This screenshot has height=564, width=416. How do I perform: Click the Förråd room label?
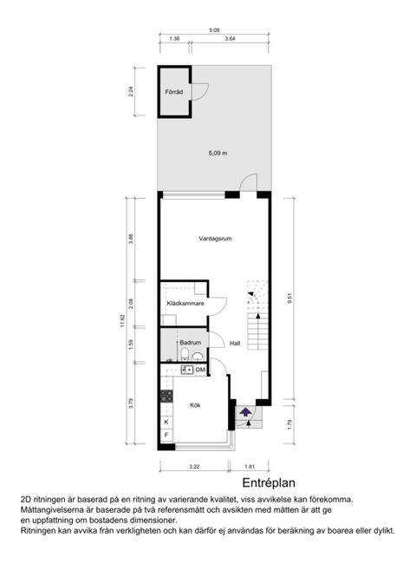click(x=173, y=92)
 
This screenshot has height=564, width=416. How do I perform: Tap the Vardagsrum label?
click(x=213, y=238)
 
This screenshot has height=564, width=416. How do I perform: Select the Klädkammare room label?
click(x=185, y=304)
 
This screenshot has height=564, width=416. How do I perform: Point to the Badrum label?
click(x=190, y=343)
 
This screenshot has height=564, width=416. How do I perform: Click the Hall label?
click(x=234, y=343)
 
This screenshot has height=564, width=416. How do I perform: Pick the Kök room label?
click(x=195, y=404)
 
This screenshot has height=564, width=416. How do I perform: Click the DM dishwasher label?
click(x=200, y=371)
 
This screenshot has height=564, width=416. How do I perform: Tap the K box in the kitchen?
click(x=166, y=422)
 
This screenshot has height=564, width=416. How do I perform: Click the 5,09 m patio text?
click(x=218, y=154)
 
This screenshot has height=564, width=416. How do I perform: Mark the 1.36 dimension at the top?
click(x=174, y=39)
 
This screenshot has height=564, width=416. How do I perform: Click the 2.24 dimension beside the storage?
click(x=130, y=89)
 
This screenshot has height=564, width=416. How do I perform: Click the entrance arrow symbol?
click(x=245, y=412)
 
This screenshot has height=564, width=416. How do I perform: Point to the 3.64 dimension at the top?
click(x=230, y=39)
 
